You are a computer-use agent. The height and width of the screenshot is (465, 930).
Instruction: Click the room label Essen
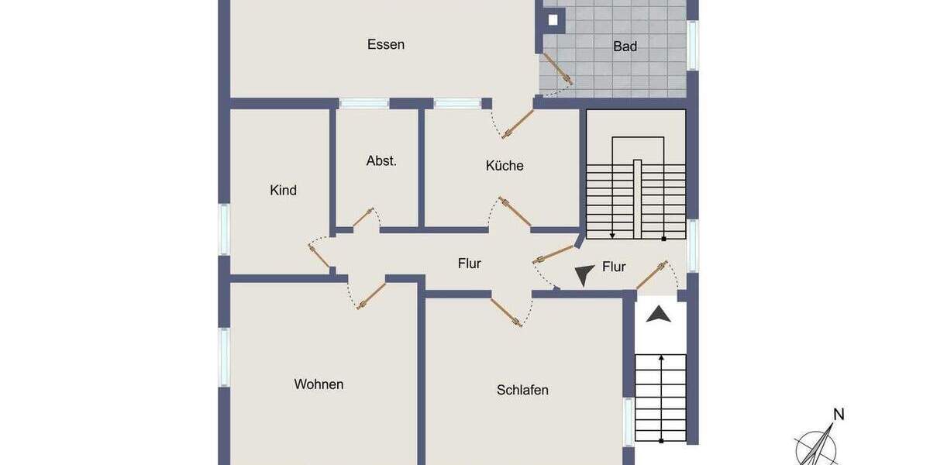point(385,44)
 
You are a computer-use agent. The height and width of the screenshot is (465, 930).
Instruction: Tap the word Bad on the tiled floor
point(625,46)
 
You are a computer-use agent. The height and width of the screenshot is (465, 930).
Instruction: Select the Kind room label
point(283,190)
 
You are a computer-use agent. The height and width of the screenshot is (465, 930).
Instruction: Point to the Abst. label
point(381,161)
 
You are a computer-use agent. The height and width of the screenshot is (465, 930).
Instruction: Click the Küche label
point(505,165)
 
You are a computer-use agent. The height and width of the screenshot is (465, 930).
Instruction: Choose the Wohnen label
point(319,384)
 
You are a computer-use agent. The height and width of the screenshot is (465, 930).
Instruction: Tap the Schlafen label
point(522,390)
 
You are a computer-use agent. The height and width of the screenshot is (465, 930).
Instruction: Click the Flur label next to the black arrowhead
point(614,267)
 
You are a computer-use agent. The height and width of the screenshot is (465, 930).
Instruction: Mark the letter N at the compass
point(838,414)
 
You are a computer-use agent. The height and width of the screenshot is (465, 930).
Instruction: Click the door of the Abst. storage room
point(363,218)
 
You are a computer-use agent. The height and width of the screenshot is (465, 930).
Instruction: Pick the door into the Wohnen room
point(371,296)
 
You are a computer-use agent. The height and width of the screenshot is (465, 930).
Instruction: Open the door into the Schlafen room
point(505,310)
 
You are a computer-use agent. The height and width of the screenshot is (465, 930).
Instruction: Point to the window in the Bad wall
point(693,45)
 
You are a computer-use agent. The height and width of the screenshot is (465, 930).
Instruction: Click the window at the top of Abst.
point(363,103)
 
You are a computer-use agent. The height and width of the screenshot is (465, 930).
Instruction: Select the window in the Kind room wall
point(224,229)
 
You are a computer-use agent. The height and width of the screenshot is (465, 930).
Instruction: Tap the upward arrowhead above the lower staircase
point(658,314)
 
